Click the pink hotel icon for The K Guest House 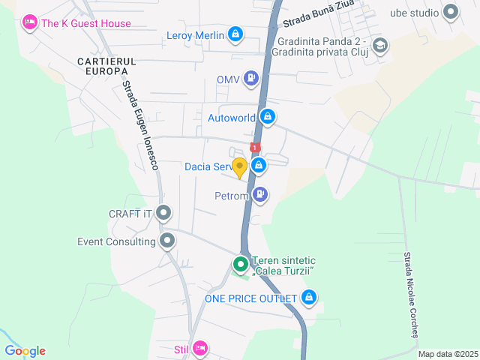30,22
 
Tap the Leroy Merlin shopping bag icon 235,34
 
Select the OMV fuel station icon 250,78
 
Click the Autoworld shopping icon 267,117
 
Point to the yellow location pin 239,167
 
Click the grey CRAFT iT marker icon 164,214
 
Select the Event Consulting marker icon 167,241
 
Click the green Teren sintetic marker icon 240,264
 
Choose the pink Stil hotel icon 199,348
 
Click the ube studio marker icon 451,11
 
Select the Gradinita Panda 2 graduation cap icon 380,46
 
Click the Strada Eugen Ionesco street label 142,124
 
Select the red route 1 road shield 255,148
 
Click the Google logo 25,351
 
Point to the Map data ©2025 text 448,354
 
